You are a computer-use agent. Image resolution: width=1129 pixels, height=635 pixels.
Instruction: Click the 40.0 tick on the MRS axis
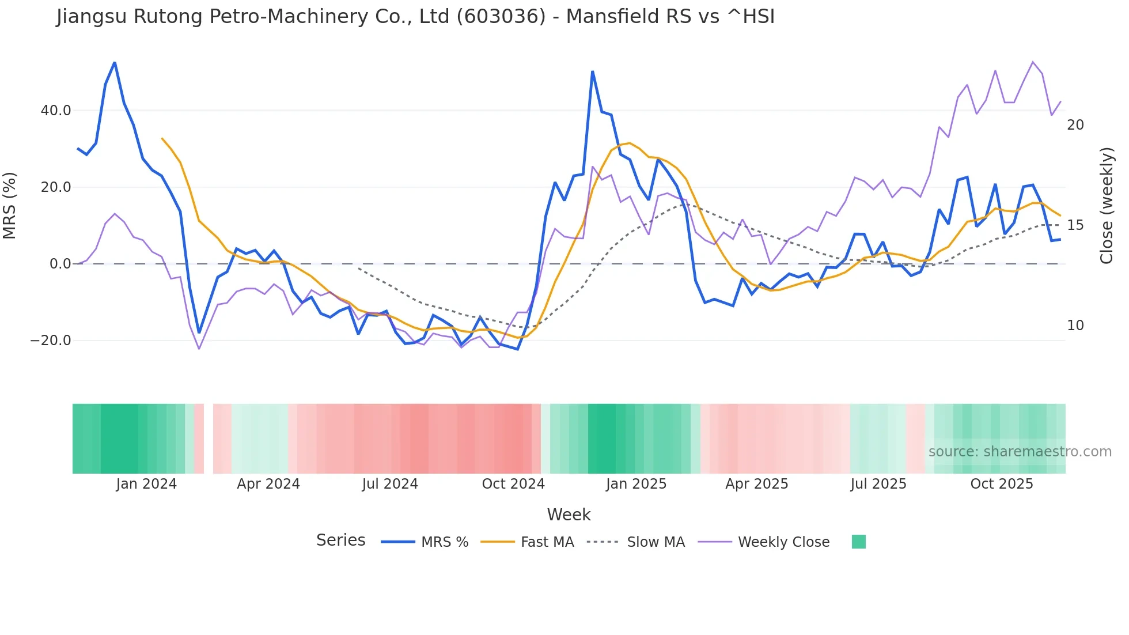pos(56,111)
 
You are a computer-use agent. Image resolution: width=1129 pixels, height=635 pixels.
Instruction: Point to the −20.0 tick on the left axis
pos(51,341)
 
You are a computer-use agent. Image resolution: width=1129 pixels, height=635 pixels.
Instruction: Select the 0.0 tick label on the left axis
pos(60,264)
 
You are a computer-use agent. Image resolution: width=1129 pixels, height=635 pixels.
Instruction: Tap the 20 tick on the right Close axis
pos(1075,125)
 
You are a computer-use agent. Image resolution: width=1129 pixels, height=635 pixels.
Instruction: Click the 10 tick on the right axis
pos(1075,326)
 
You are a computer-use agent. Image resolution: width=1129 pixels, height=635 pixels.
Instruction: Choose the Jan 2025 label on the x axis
pos(636,484)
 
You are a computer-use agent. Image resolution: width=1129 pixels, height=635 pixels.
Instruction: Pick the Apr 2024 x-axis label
pos(268,484)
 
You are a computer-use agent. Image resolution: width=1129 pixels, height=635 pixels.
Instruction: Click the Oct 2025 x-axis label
pos(1002,484)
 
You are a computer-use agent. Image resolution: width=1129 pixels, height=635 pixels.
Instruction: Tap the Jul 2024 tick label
pos(390,484)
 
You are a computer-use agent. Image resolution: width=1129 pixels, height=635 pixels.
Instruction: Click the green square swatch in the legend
pos(858,542)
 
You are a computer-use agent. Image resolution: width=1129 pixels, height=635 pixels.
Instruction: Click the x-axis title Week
pos(569,515)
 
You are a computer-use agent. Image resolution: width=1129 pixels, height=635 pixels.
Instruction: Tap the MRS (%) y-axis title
pos(10,205)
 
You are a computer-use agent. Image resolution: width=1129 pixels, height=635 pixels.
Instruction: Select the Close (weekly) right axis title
pos(1106,205)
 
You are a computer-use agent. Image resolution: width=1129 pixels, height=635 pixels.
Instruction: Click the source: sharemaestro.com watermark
pos(1020,452)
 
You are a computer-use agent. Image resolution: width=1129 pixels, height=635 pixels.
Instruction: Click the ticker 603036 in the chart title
pos(501,17)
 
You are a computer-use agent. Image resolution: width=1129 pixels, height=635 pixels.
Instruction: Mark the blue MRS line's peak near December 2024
pos(593,71)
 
